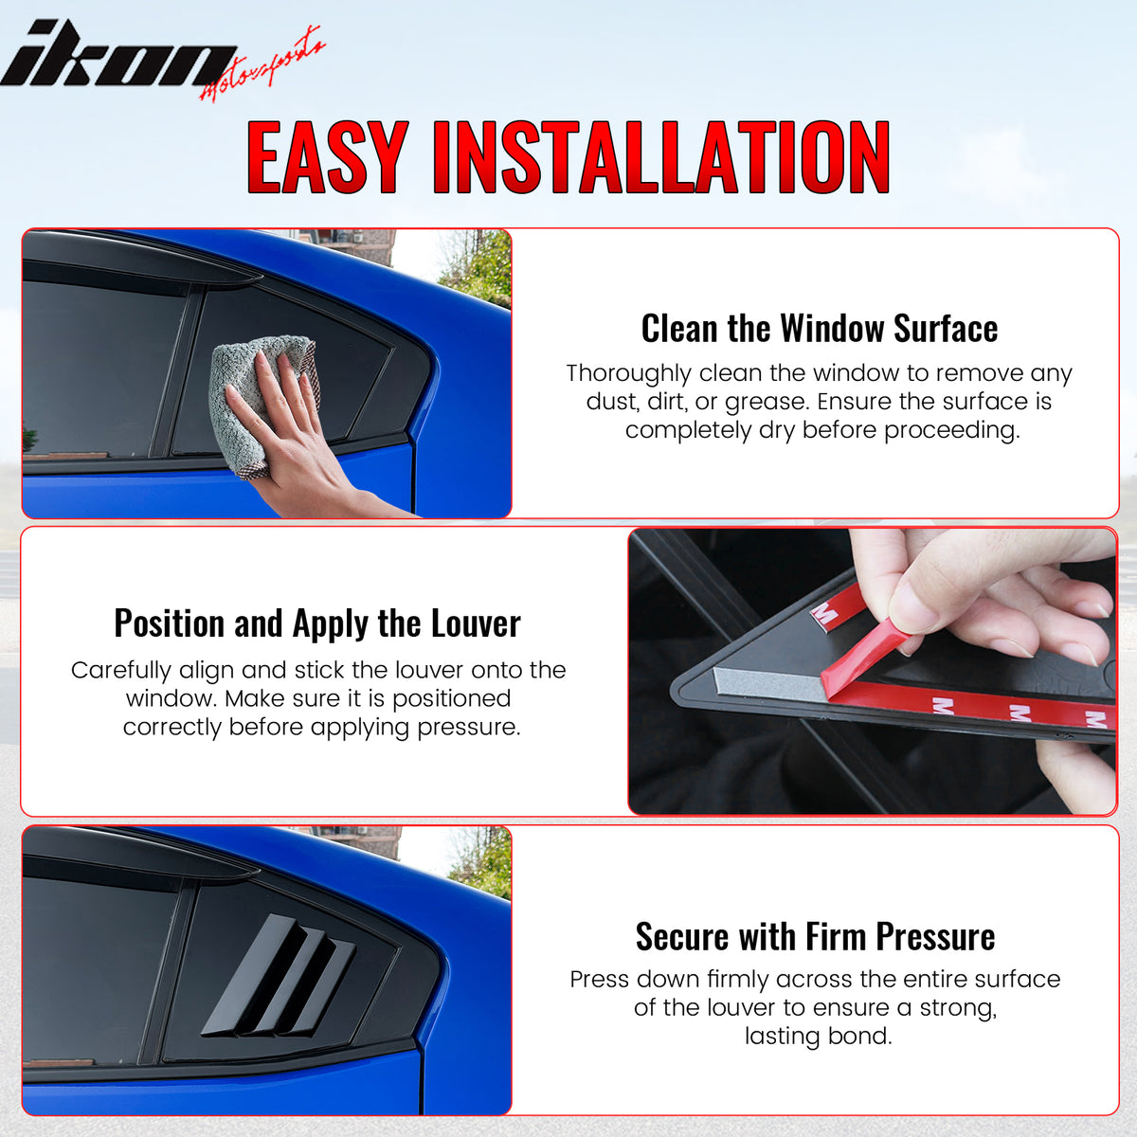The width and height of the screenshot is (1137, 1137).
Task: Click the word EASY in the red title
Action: (x=327, y=158)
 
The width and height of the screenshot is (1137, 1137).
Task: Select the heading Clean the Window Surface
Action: (x=819, y=329)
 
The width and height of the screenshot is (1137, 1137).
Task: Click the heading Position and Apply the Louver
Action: (x=317, y=623)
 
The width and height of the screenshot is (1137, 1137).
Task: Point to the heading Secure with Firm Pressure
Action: (x=815, y=937)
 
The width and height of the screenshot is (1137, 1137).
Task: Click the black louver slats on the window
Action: (x=280, y=977)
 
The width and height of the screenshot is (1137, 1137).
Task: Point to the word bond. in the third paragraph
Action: (x=865, y=1037)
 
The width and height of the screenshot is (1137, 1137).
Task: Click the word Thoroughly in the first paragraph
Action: (x=629, y=373)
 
